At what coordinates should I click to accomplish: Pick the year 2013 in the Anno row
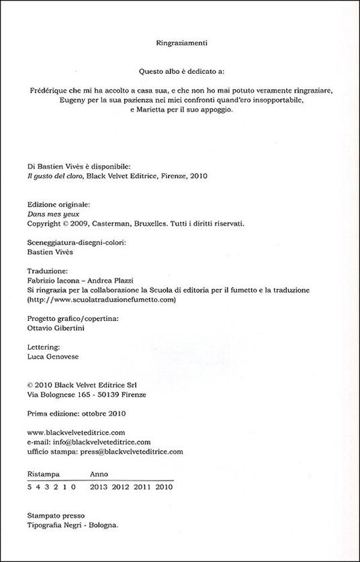[99, 486]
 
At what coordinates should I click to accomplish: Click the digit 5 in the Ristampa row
[30, 486]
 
